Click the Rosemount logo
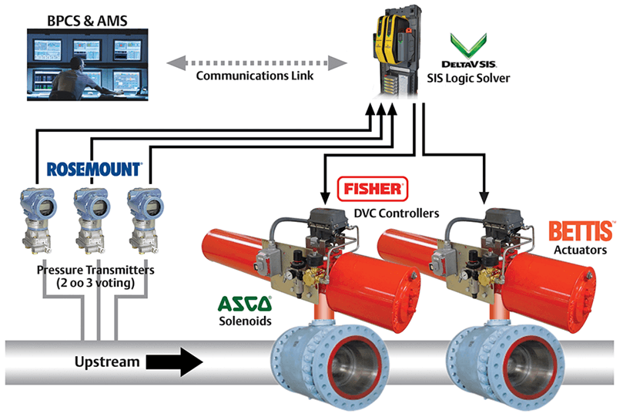[x=94, y=169]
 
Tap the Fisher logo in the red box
[x=373, y=189]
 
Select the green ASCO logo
[x=245, y=304]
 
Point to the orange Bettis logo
[x=581, y=231]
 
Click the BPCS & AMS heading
[x=88, y=21]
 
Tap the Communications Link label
[x=255, y=76]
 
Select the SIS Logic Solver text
[x=468, y=78]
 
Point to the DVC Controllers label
[x=397, y=214]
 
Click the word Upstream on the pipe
[x=107, y=362]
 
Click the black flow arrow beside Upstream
[x=174, y=362]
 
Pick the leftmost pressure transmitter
[x=37, y=220]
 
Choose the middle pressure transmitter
[x=92, y=220]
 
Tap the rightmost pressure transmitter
[x=145, y=220]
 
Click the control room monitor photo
[x=88, y=65]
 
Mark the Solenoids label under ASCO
[x=245, y=321]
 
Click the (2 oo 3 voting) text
[x=95, y=283]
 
